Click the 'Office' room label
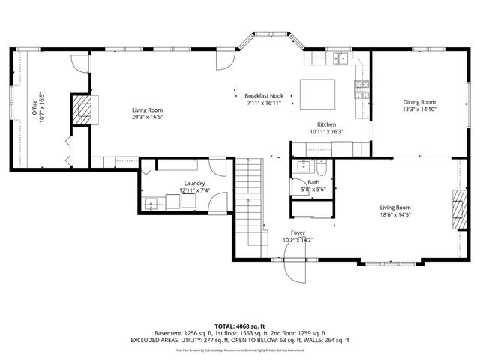coord(34,104)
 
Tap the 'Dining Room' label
coord(418,102)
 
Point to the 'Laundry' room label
coord(194,184)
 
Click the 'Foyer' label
coord(298,233)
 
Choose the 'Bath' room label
coord(313,182)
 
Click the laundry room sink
coord(152,202)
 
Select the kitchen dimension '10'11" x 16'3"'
coord(326,132)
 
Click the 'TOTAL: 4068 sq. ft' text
coord(240,325)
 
